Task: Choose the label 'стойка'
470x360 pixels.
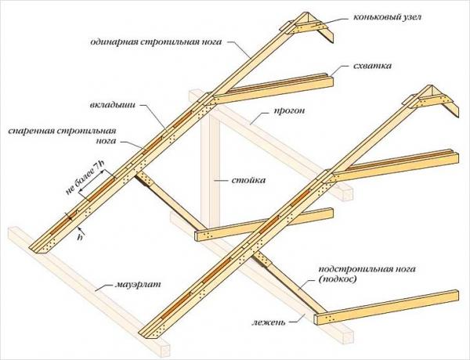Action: pos(250,179)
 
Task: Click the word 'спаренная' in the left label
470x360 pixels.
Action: pos(31,131)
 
